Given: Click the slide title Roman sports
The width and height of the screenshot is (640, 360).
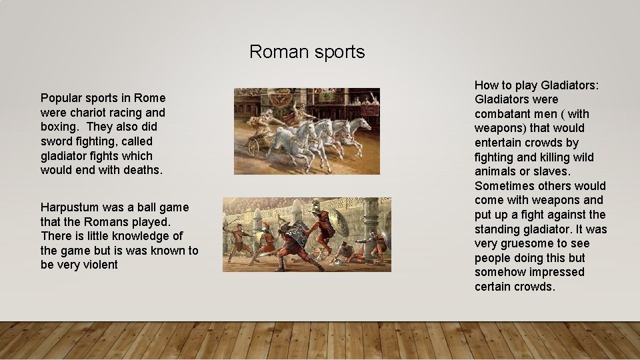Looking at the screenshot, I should tap(307, 51).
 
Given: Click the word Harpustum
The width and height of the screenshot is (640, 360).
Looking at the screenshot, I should tap(69, 207).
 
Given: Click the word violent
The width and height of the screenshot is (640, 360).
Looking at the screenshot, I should tap(99, 265).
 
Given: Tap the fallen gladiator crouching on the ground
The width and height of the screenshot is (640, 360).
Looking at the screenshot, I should tap(343, 252).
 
